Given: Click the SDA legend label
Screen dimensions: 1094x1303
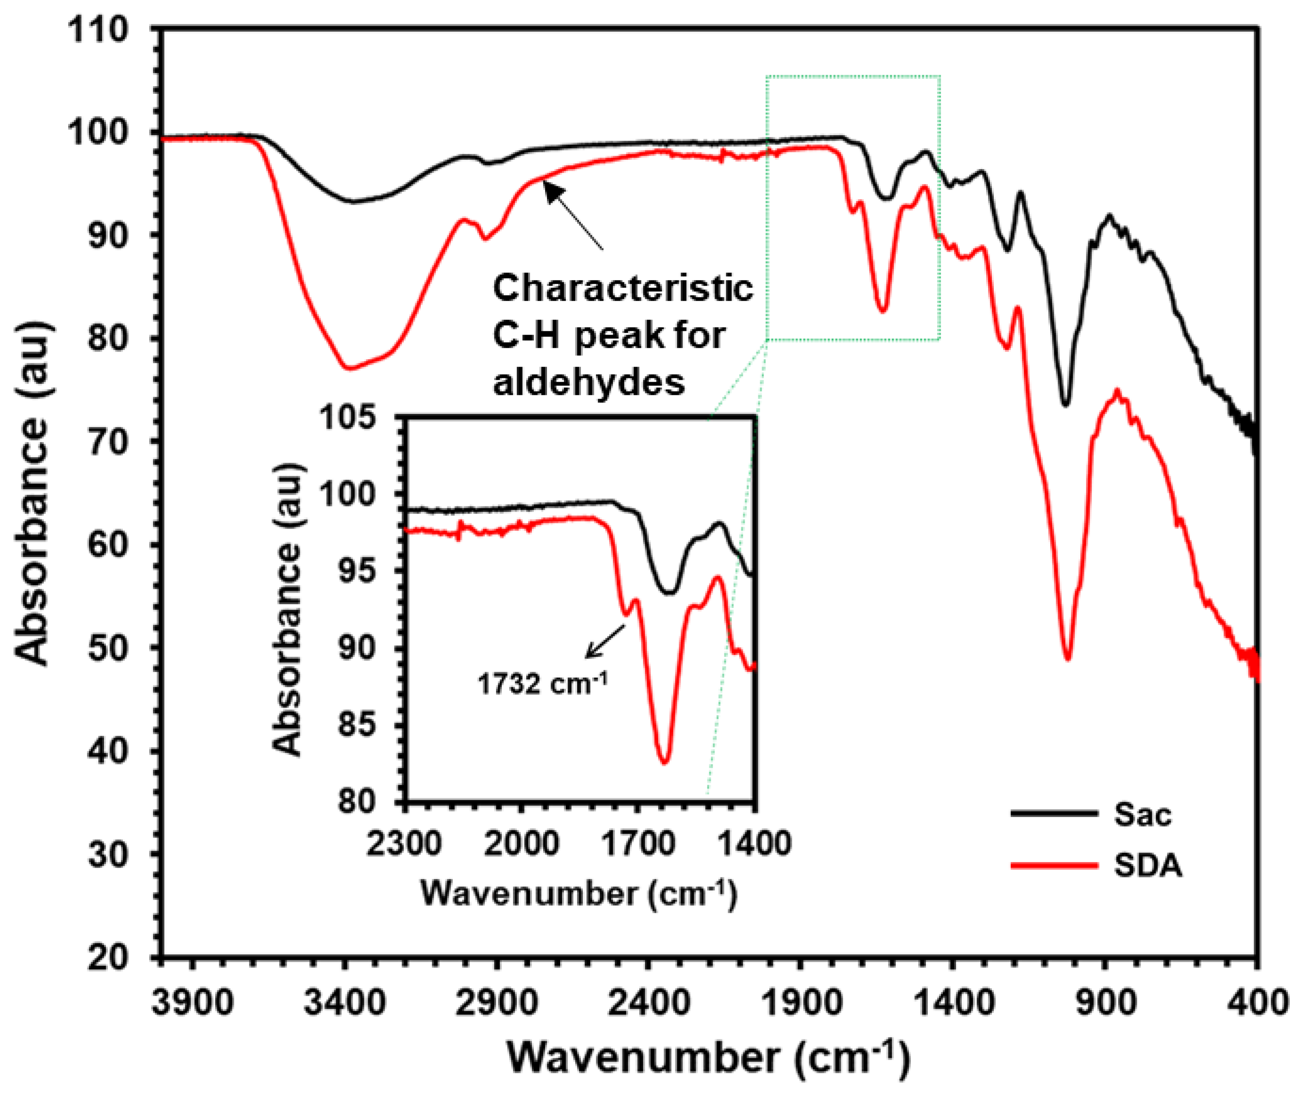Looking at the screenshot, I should (1148, 866).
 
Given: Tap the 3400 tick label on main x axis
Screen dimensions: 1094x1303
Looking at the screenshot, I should (345, 1002).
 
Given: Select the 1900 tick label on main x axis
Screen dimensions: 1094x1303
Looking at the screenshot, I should (800, 1002).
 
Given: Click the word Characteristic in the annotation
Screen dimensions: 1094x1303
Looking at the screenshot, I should (622, 289).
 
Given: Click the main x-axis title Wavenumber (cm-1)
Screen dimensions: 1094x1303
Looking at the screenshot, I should (708, 1058).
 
